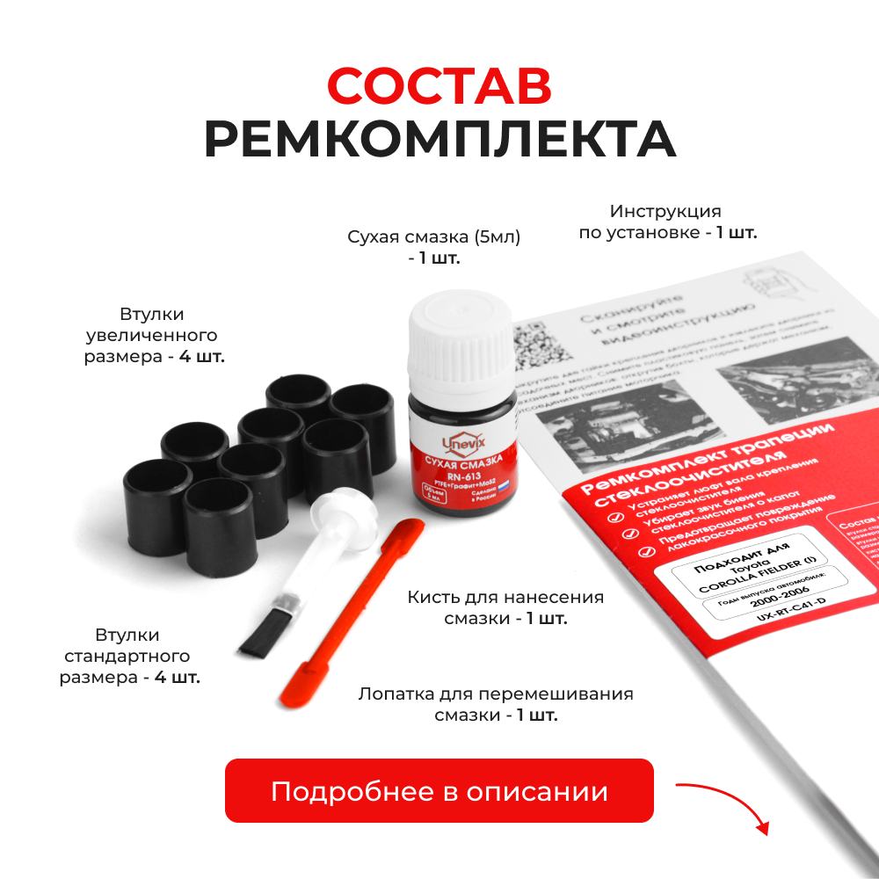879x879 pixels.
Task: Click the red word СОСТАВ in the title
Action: (439, 85)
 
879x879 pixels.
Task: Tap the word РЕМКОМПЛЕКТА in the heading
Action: (439, 138)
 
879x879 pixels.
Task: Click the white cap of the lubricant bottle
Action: (461, 338)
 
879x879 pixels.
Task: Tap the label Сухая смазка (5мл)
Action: (434, 237)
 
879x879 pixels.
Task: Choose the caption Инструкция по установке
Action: (666, 222)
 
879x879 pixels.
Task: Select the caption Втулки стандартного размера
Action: (129, 657)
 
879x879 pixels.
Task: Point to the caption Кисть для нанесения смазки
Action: (505, 607)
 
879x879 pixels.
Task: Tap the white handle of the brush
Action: (299, 554)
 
